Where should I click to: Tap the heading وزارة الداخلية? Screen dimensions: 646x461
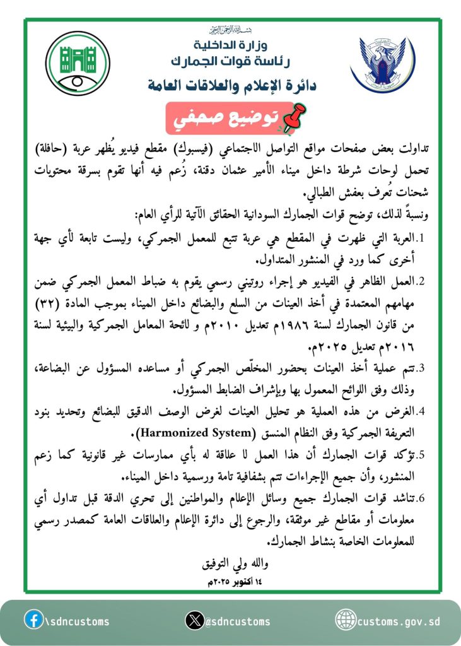click(x=230, y=45)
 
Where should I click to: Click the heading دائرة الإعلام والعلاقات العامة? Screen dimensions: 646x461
click(x=230, y=84)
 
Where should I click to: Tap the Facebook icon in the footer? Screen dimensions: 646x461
click(x=33, y=620)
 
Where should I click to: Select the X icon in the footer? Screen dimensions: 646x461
click(x=195, y=621)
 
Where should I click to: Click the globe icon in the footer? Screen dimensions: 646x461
click(x=346, y=620)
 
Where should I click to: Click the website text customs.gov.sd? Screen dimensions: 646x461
click(x=399, y=621)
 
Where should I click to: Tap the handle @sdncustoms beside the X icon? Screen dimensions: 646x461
click(x=238, y=621)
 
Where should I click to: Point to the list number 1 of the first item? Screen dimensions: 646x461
click(x=423, y=238)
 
